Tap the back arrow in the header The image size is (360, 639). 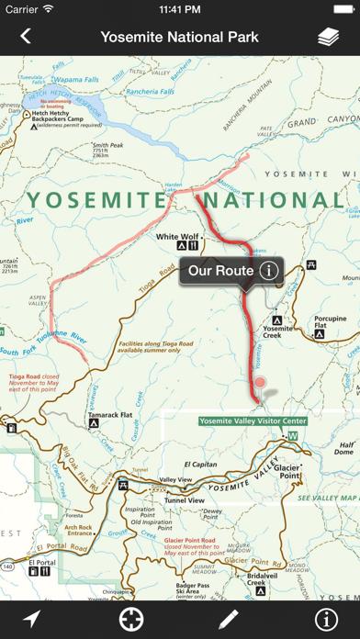(25, 37)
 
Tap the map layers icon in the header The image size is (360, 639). (329, 37)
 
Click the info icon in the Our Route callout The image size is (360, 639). (268, 271)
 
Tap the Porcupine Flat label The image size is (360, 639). (330, 323)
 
